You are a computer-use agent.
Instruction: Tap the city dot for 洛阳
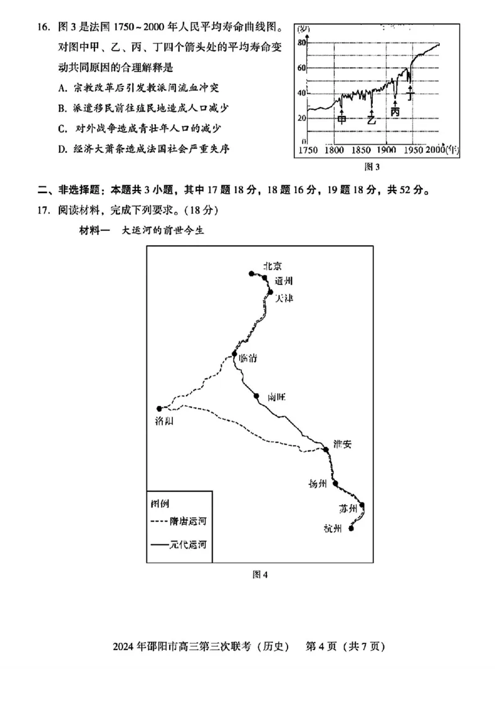click(x=160, y=409)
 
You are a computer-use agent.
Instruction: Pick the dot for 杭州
click(x=352, y=528)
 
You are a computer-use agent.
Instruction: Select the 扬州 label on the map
click(x=317, y=484)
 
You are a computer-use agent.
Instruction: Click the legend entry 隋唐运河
click(x=178, y=522)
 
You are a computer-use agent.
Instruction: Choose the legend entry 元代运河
click(x=178, y=544)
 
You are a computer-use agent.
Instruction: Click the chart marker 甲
click(x=342, y=120)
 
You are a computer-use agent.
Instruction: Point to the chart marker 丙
click(x=395, y=111)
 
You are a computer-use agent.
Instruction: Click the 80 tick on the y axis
click(x=302, y=42)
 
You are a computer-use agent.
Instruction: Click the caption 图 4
click(x=260, y=574)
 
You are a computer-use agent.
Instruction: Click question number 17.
click(x=42, y=209)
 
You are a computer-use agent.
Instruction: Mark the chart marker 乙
click(x=371, y=120)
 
